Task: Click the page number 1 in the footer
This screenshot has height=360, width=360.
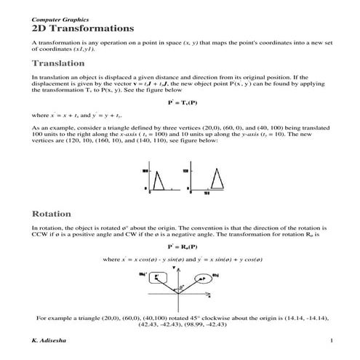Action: point(330,340)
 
